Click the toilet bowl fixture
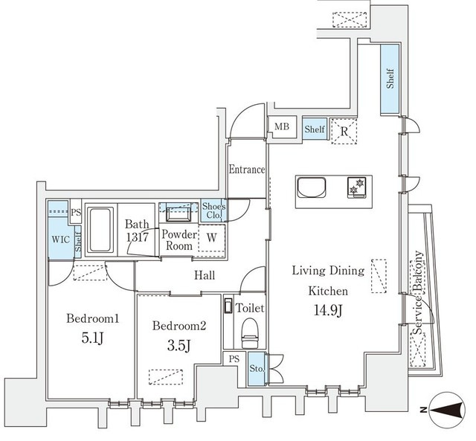pyautogui.click(x=250, y=332)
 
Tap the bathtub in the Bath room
pyautogui.click(x=100, y=230)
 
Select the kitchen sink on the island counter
pyautogui.click(x=312, y=187)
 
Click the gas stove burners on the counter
pyautogui.click(x=357, y=187)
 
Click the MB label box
pyautogui.click(x=282, y=127)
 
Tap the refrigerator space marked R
pyautogui.click(x=344, y=131)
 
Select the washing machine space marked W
pyautogui.click(x=211, y=238)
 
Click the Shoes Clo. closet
pyautogui.click(x=213, y=210)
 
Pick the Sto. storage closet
pyautogui.click(x=257, y=369)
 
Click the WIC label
pyautogui.click(x=61, y=239)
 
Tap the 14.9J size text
pyautogui.click(x=329, y=311)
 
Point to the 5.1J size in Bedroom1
pyautogui.click(x=93, y=338)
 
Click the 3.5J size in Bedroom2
pyautogui.click(x=179, y=345)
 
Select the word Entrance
pyautogui.click(x=246, y=170)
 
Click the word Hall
pyautogui.click(x=205, y=275)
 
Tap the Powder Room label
pyautogui.click(x=179, y=239)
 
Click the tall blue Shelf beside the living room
pyautogui.click(x=390, y=80)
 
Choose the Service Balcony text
pyautogui.click(x=419, y=292)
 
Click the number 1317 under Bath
pyautogui.click(x=137, y=237)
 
